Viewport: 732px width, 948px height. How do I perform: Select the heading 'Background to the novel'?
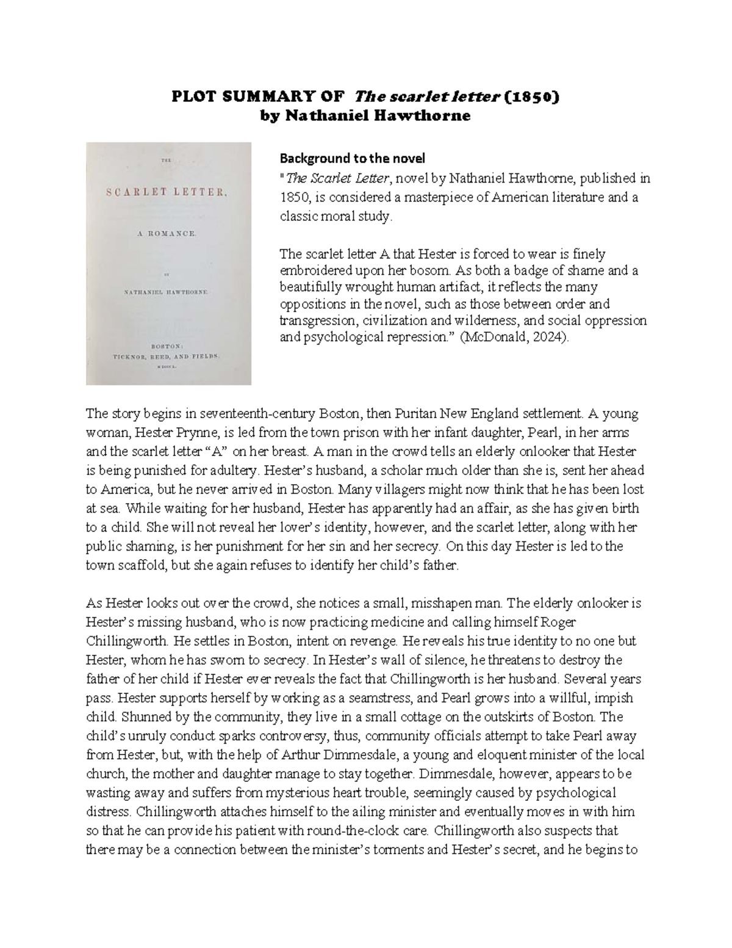point(352,159)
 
